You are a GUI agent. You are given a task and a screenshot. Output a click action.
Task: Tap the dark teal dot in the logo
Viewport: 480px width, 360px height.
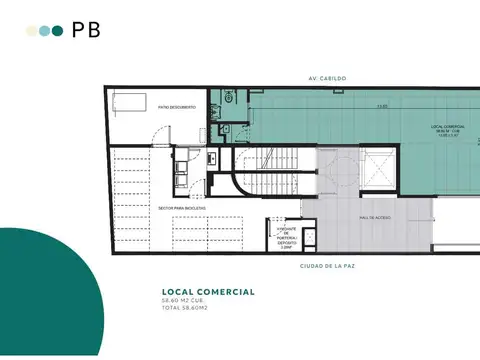point(58,31)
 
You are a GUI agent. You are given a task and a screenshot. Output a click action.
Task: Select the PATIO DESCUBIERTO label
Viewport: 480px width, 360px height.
point(176,107)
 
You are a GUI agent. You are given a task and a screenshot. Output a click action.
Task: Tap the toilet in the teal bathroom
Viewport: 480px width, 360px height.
point(230,98)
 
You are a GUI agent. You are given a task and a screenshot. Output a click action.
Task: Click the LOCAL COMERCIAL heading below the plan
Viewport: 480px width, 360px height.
point(201,292)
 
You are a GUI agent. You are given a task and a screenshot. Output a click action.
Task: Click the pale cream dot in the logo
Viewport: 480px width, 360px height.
point(32,31)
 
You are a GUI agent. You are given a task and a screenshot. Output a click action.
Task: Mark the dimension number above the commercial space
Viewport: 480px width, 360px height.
point(382,107)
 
